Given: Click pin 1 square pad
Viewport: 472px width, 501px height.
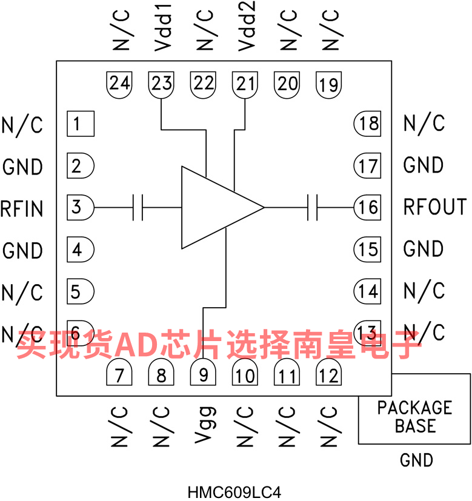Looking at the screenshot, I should coord(80,124).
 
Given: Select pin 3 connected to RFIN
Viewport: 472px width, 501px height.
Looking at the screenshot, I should coord(79,208).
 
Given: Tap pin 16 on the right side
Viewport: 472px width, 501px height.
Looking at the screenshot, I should coord(367,208).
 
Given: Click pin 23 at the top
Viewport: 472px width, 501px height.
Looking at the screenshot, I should coord(162,84).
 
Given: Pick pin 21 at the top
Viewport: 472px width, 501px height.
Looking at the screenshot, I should coord(245,84).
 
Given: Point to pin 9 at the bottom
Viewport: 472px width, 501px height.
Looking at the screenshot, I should coord(204,374).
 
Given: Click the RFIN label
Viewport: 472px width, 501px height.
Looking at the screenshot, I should coord(22,208).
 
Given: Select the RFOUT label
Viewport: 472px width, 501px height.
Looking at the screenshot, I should coord(435,207).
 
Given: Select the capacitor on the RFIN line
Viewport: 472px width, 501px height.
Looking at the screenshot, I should coord(138,208).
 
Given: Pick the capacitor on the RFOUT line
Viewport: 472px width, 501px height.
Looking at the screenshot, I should coord(313,208).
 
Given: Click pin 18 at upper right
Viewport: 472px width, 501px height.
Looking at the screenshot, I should coord(367,124).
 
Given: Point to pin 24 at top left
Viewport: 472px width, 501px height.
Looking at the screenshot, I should coord(120,84).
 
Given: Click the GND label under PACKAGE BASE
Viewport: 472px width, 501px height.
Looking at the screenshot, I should coord(417,460).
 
